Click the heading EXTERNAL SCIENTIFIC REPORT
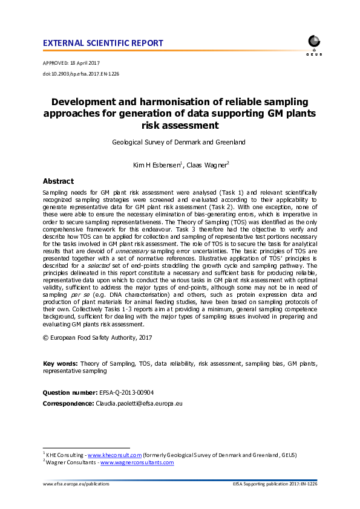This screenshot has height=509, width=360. pos(103,43)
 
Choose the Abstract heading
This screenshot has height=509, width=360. pos(58,181)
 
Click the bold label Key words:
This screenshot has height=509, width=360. pos(60,363)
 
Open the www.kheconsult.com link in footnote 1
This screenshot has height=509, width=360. pos(114,455)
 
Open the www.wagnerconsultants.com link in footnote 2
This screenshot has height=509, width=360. pos(137,462)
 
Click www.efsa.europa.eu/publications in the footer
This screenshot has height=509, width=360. pos(76,484)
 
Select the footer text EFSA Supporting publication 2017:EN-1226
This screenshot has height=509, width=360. pos(275,484)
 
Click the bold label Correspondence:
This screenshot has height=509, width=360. pos(67,403)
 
